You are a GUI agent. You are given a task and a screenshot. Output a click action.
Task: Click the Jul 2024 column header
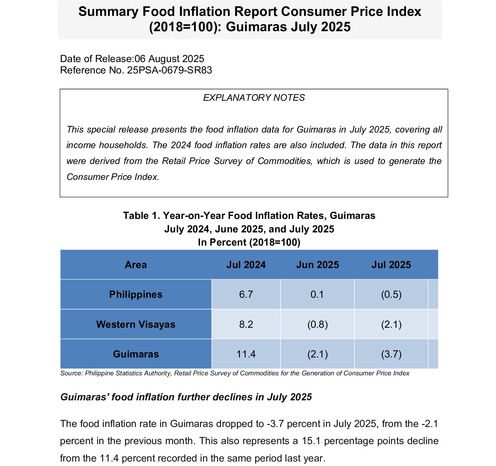pos(246,265)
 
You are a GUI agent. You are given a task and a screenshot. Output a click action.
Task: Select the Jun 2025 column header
pos(318,265)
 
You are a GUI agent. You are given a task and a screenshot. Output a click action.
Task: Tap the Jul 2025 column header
pos(391,265)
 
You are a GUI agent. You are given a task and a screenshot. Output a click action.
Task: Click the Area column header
pos(136,265)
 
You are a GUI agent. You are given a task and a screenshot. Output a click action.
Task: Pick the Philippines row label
pos(136,294)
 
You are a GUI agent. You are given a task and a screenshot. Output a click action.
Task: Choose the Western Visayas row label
pos(136,324)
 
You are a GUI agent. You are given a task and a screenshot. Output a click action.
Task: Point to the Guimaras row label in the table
pos(136,354)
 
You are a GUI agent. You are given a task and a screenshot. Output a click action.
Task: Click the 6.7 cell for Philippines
pos(246,294)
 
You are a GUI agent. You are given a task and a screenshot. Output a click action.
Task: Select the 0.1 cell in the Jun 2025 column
pos(317,294)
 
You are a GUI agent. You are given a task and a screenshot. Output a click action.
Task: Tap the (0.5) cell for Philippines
pos(391,294)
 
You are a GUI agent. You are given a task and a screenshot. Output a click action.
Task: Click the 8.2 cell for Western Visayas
pos(246,324)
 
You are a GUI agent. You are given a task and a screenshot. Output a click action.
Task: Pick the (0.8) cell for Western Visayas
pos(318,324)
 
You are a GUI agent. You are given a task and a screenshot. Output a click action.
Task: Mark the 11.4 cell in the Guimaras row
pos(246,354)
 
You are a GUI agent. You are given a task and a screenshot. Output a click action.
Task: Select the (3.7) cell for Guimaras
pos(391,354)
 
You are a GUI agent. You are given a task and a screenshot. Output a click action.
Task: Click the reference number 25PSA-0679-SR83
pos(169,70)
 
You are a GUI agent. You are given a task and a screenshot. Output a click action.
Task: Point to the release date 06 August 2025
pos(169,59)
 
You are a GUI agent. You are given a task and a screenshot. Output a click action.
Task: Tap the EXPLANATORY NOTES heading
pos(254,98)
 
